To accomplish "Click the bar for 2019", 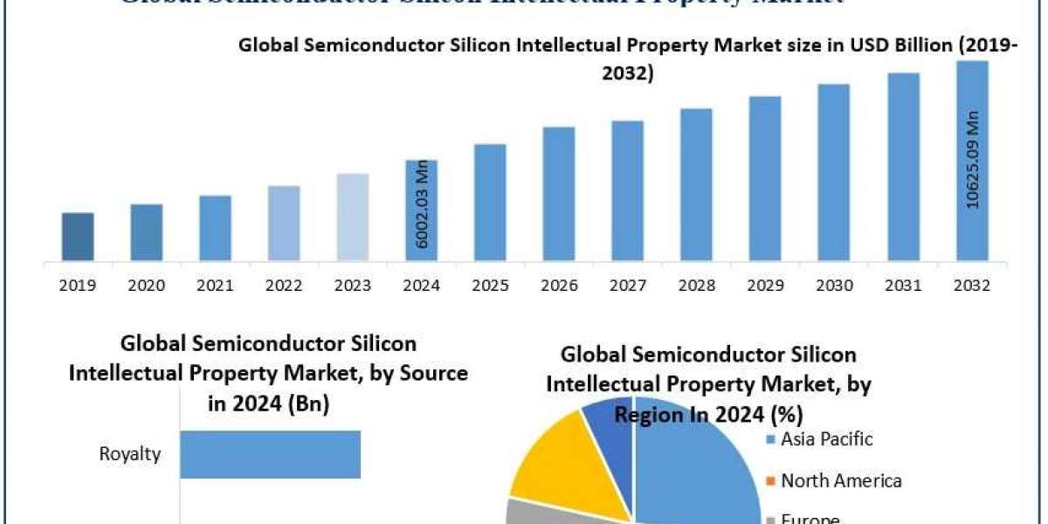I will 78,237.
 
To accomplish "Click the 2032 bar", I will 971,161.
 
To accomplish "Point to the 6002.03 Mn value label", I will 422,204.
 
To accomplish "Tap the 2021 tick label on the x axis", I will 216,286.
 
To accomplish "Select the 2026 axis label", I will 559,286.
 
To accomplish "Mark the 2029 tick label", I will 765,286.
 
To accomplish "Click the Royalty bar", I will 270,454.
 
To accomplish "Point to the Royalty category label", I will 129,455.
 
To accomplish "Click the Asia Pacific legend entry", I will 825,439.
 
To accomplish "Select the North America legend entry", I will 840,480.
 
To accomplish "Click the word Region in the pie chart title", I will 651,414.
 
